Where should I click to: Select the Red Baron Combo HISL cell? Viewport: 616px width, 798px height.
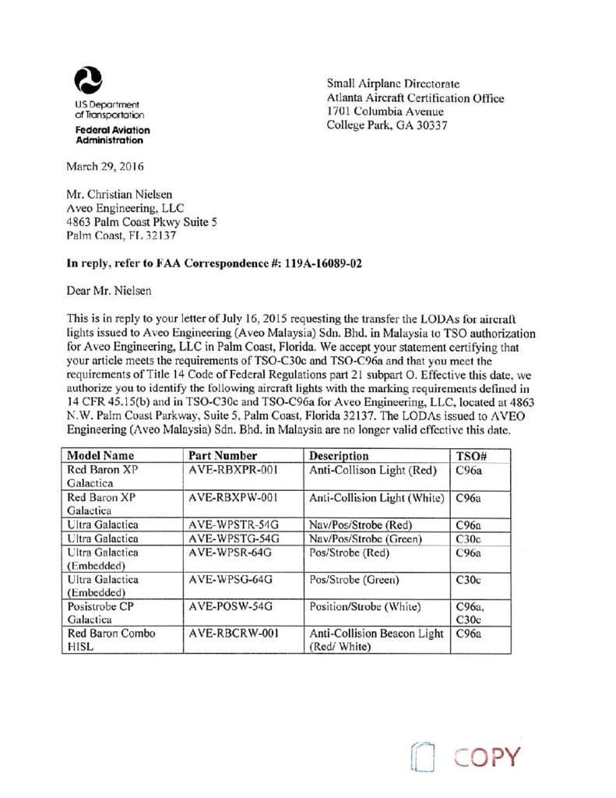(111, 640)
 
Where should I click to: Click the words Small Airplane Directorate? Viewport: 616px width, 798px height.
(393, 84)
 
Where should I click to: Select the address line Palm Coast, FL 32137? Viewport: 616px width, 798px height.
(123, 235)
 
